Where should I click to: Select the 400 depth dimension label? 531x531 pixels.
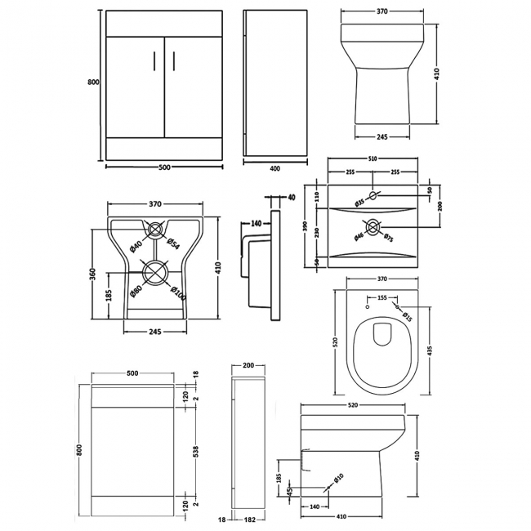[274, 168]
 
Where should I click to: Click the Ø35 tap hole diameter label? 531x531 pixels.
[360, 200]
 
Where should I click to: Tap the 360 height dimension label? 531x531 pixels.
[93, 276]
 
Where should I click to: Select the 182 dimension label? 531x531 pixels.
[250, 520]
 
